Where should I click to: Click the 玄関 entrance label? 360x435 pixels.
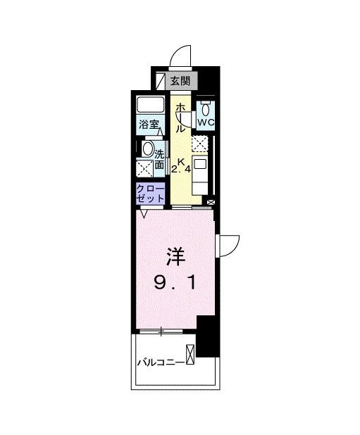(180, 82)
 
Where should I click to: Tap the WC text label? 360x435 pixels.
(205, 122)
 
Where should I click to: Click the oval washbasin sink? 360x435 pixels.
(147, 149)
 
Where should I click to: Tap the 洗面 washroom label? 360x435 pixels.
(159, 159)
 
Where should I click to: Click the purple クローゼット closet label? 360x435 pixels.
(151, 194)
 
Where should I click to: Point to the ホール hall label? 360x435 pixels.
(181, 118)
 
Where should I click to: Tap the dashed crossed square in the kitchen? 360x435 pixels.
(201, 143)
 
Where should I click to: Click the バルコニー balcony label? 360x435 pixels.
(161, 362)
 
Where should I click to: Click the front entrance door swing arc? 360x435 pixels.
(182, 55)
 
